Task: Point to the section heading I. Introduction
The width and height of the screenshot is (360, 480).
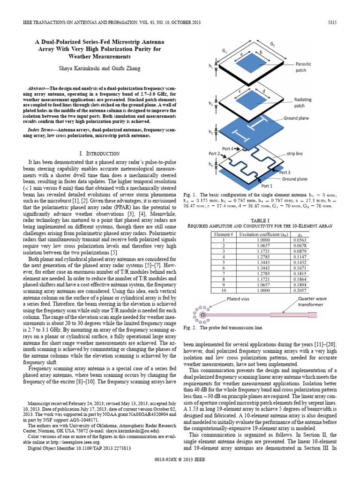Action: click(99, 153)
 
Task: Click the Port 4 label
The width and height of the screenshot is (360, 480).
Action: click(227, 149)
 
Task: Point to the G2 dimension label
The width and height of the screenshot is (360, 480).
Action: click(272, 44)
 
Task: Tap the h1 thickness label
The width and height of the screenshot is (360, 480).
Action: click(210, 67)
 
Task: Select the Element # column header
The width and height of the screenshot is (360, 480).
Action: click(223, 233)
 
